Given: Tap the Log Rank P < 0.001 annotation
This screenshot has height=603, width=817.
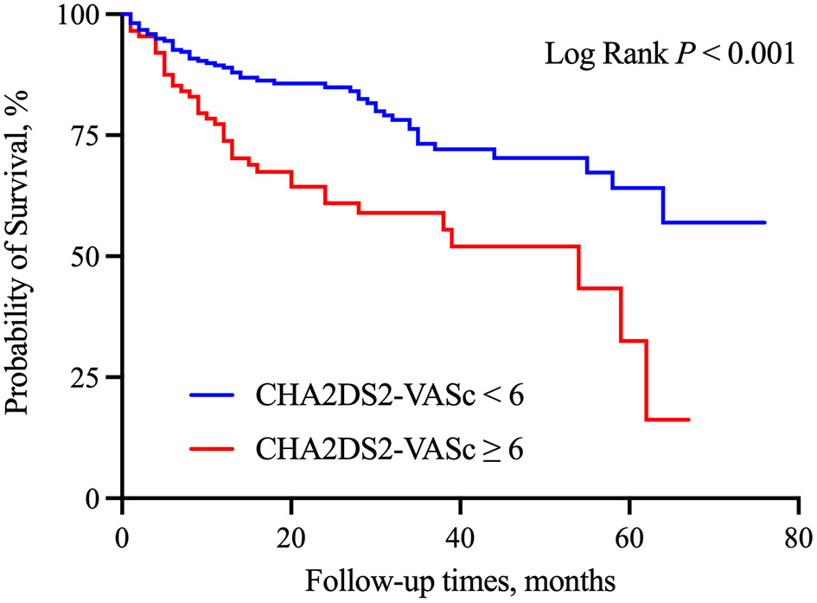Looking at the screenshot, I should (x=668, y=55).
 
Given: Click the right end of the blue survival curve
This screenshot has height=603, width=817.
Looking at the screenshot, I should (x=765, y=222).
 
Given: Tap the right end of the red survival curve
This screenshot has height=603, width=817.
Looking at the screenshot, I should (x=688, y=420).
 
